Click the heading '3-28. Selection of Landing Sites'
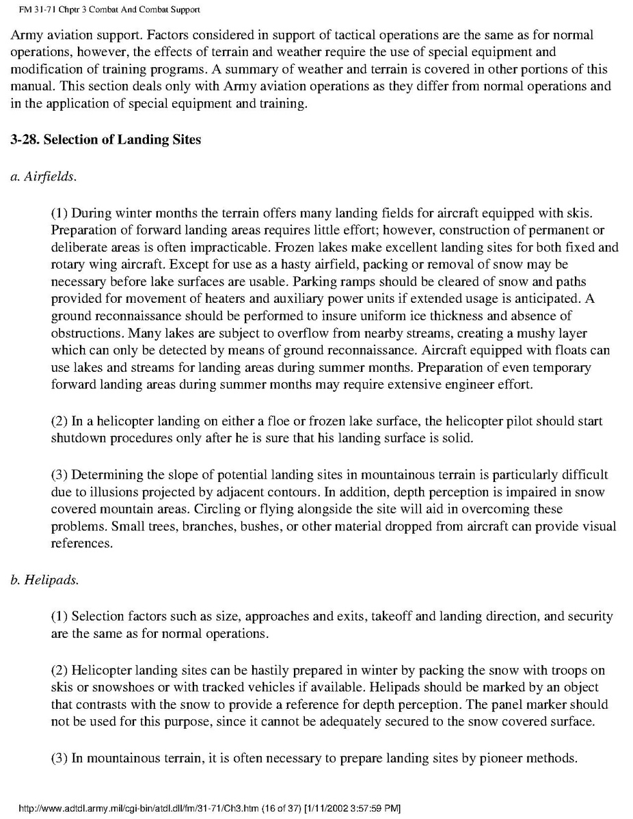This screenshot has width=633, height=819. click(x=106, y=139)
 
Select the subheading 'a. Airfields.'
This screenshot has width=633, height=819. click(x=44, y=176)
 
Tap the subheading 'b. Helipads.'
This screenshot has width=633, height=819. click(x=44, y=580)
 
